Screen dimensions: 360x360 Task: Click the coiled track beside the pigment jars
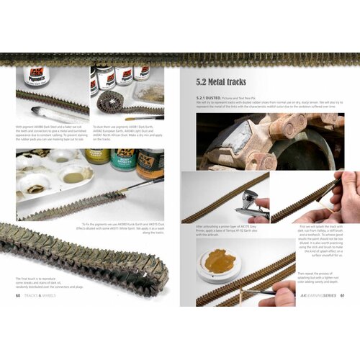point(115,104)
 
